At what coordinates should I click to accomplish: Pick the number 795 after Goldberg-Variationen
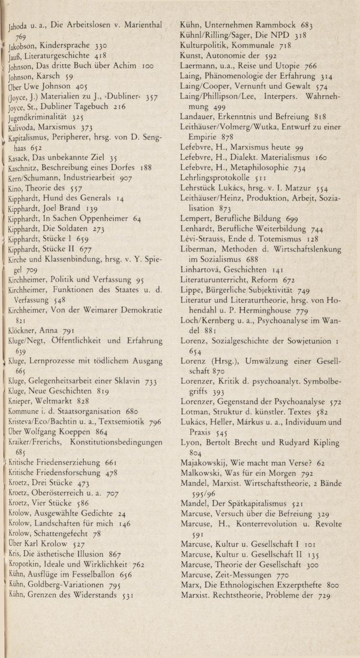click(114, 585)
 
